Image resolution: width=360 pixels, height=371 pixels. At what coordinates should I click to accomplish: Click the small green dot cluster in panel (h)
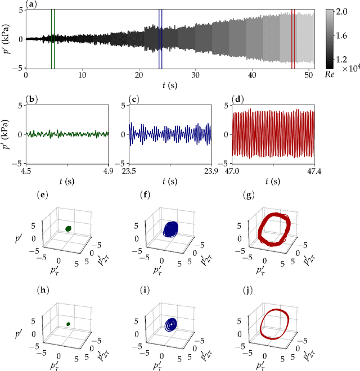click(67, 324)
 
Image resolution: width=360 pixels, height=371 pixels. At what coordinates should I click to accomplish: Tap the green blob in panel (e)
click(69, 228)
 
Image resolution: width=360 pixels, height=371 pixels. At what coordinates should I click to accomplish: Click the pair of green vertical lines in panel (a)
click(53, 38)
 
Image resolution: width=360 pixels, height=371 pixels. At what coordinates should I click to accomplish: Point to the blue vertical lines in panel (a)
click(160, 38)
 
